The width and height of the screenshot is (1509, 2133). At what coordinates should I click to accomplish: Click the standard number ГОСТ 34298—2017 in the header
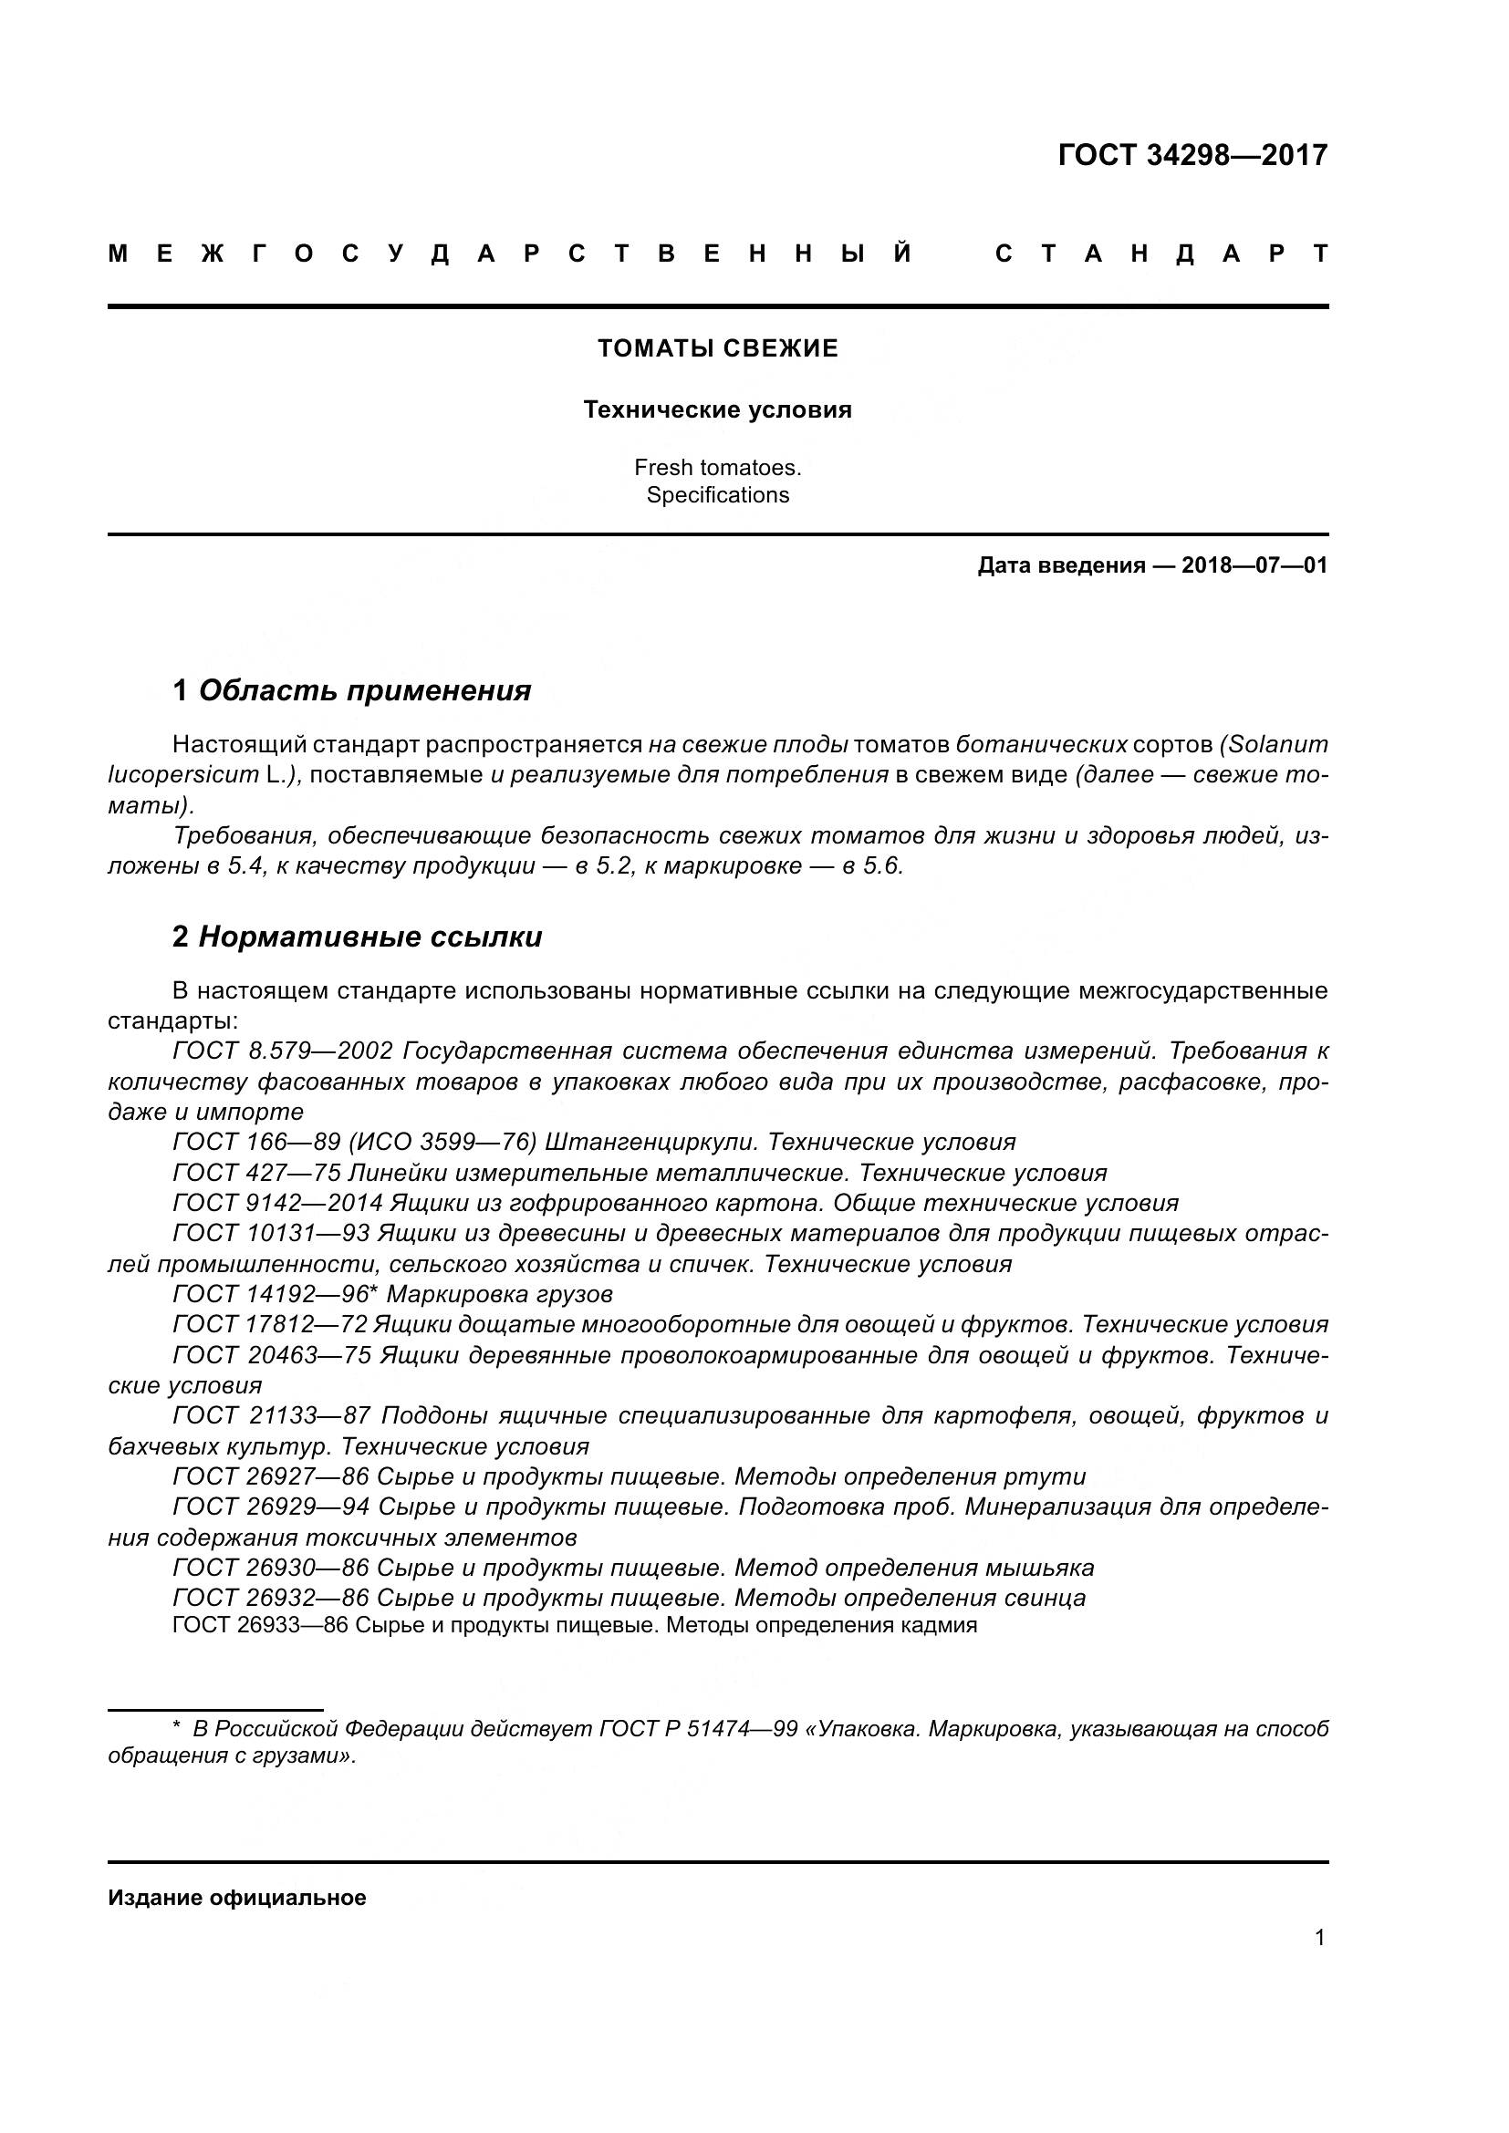click(x=1192, y=155)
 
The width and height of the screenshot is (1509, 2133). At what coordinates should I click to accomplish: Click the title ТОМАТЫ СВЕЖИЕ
click(x=717, y=348)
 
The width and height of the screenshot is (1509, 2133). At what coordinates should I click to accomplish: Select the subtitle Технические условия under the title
click(x=717, y=409)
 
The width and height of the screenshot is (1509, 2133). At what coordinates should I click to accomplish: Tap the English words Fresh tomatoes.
click(x=717, y=467)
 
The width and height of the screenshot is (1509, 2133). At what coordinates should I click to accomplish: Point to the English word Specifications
click(x=717, y=495)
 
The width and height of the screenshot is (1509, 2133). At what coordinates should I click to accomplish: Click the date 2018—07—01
click(x=1254, y=565)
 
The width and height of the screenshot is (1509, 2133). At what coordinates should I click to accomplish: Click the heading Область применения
click(x=364, y=690)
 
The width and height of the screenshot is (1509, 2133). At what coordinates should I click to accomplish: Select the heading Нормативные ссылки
click(x=369, y=937)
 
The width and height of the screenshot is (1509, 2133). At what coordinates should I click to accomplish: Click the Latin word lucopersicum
click(x=183, y=775)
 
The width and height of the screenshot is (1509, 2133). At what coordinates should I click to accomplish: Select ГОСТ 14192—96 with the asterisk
click(x=275, y=1294)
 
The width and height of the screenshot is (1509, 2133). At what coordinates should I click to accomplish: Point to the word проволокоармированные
click(x=768, y=1355)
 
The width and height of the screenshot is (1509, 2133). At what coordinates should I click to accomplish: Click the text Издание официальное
click(x=237, y=1898)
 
